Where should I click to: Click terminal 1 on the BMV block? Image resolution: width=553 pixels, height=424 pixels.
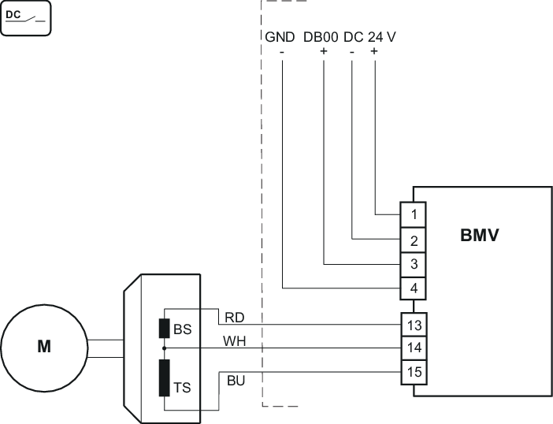pos(415,214)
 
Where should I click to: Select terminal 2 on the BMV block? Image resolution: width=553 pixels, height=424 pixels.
pos(415,239)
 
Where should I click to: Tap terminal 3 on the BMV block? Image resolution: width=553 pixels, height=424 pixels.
pos(415,263)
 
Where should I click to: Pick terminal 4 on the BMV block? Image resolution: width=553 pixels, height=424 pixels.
pos(415,288)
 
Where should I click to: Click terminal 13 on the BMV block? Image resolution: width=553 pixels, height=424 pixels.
pos(415,324)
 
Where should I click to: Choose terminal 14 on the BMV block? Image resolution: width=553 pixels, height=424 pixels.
pos(415,347)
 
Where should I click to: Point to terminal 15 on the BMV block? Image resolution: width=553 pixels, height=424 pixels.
pos(415,370)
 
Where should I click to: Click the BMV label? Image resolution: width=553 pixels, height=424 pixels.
pos(480,235)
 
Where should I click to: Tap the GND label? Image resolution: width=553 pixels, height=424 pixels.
pos(280,36)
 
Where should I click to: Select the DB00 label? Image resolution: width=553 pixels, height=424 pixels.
pos(321,36)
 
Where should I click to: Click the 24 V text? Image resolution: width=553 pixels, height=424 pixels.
pos(381,36)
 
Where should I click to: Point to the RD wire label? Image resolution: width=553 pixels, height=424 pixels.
pos(234,318)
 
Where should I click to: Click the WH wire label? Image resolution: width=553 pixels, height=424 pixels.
pos(235,341)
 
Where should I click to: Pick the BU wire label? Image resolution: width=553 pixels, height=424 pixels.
pos(235,381)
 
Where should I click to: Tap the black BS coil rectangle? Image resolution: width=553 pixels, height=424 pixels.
pos(165,329)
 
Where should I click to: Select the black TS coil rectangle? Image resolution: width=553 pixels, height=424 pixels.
pos(165,378)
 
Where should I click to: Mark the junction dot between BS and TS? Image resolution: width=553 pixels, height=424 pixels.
pos(165,347)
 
